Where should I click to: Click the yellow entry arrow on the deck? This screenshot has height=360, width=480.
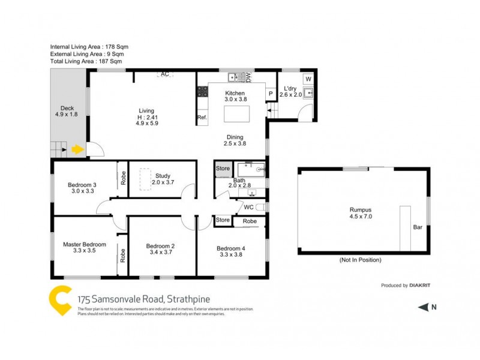(x=77, y=149)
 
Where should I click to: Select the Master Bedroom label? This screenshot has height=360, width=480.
(x=85, y=244)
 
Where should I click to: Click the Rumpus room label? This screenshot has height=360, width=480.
(x=361, y=209)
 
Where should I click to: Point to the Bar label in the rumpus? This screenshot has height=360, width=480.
(x=418, y=227)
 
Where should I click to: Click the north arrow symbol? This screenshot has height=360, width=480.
(x=423, y=308)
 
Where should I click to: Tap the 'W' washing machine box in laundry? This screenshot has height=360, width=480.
(x=308, y=79)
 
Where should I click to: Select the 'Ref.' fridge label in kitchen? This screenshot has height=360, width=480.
(x=202, y=118)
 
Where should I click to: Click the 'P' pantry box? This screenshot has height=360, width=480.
(x=271, y=94)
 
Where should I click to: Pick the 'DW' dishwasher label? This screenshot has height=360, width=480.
(x=248, y=77)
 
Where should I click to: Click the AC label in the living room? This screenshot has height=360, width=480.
(x=165, y=74)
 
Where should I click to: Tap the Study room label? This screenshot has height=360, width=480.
(x=163, y=176)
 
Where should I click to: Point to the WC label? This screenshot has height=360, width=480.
(x=248, y=207)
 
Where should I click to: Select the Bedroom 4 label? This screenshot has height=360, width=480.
(x=231, y=248)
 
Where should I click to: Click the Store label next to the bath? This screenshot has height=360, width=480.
(x=223, y=169)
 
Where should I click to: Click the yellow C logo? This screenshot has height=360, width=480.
(x=59, y=301)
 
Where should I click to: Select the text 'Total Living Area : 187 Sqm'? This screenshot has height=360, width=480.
(x=86, y=61)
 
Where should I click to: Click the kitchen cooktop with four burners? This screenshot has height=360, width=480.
(x=202, y=92)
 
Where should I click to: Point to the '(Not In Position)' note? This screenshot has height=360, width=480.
(x=360, y=260)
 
